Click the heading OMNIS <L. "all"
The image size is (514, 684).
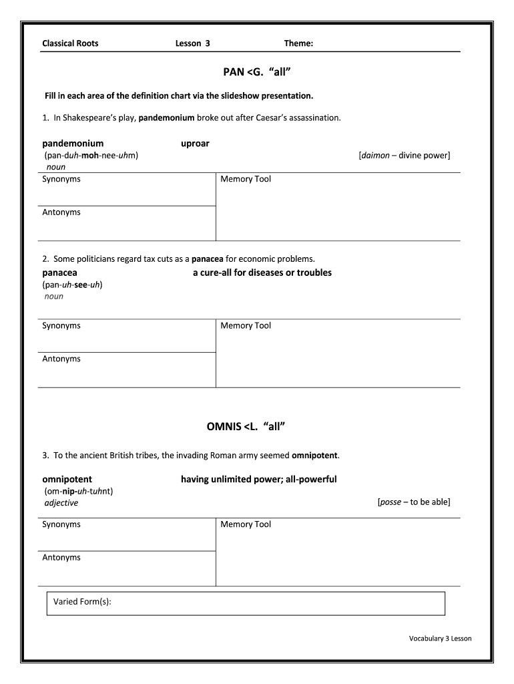[x=257, y=426]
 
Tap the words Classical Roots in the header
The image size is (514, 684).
[x=70, y=43]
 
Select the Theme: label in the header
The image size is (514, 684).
[x=298, y=43]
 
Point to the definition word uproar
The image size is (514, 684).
[x=195, y=144]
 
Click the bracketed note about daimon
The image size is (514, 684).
[x=404, y=156]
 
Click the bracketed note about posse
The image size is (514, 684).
[x=413, y=502]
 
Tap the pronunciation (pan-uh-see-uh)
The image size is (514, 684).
[x=72, y=285]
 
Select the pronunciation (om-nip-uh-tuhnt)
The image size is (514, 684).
[x=77, y=491]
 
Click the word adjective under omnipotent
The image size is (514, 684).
[x=61, y=503]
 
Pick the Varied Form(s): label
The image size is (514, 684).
[x=82, y=603]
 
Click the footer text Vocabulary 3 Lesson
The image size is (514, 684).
[x=440, y=639]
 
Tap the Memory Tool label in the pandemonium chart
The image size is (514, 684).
[x=246, y=179]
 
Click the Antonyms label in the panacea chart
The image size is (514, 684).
[x=61, y=359]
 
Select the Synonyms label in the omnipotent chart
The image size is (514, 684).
[x=61, y=524]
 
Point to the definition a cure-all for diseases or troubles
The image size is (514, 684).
[x=262, y=273]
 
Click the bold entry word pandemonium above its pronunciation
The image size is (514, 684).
[x=73, y=144]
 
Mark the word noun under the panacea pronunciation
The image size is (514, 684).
[x=53, y=296]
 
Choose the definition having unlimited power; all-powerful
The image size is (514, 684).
[x=258, y=480]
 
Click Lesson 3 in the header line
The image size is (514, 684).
[x=192, y=43]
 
